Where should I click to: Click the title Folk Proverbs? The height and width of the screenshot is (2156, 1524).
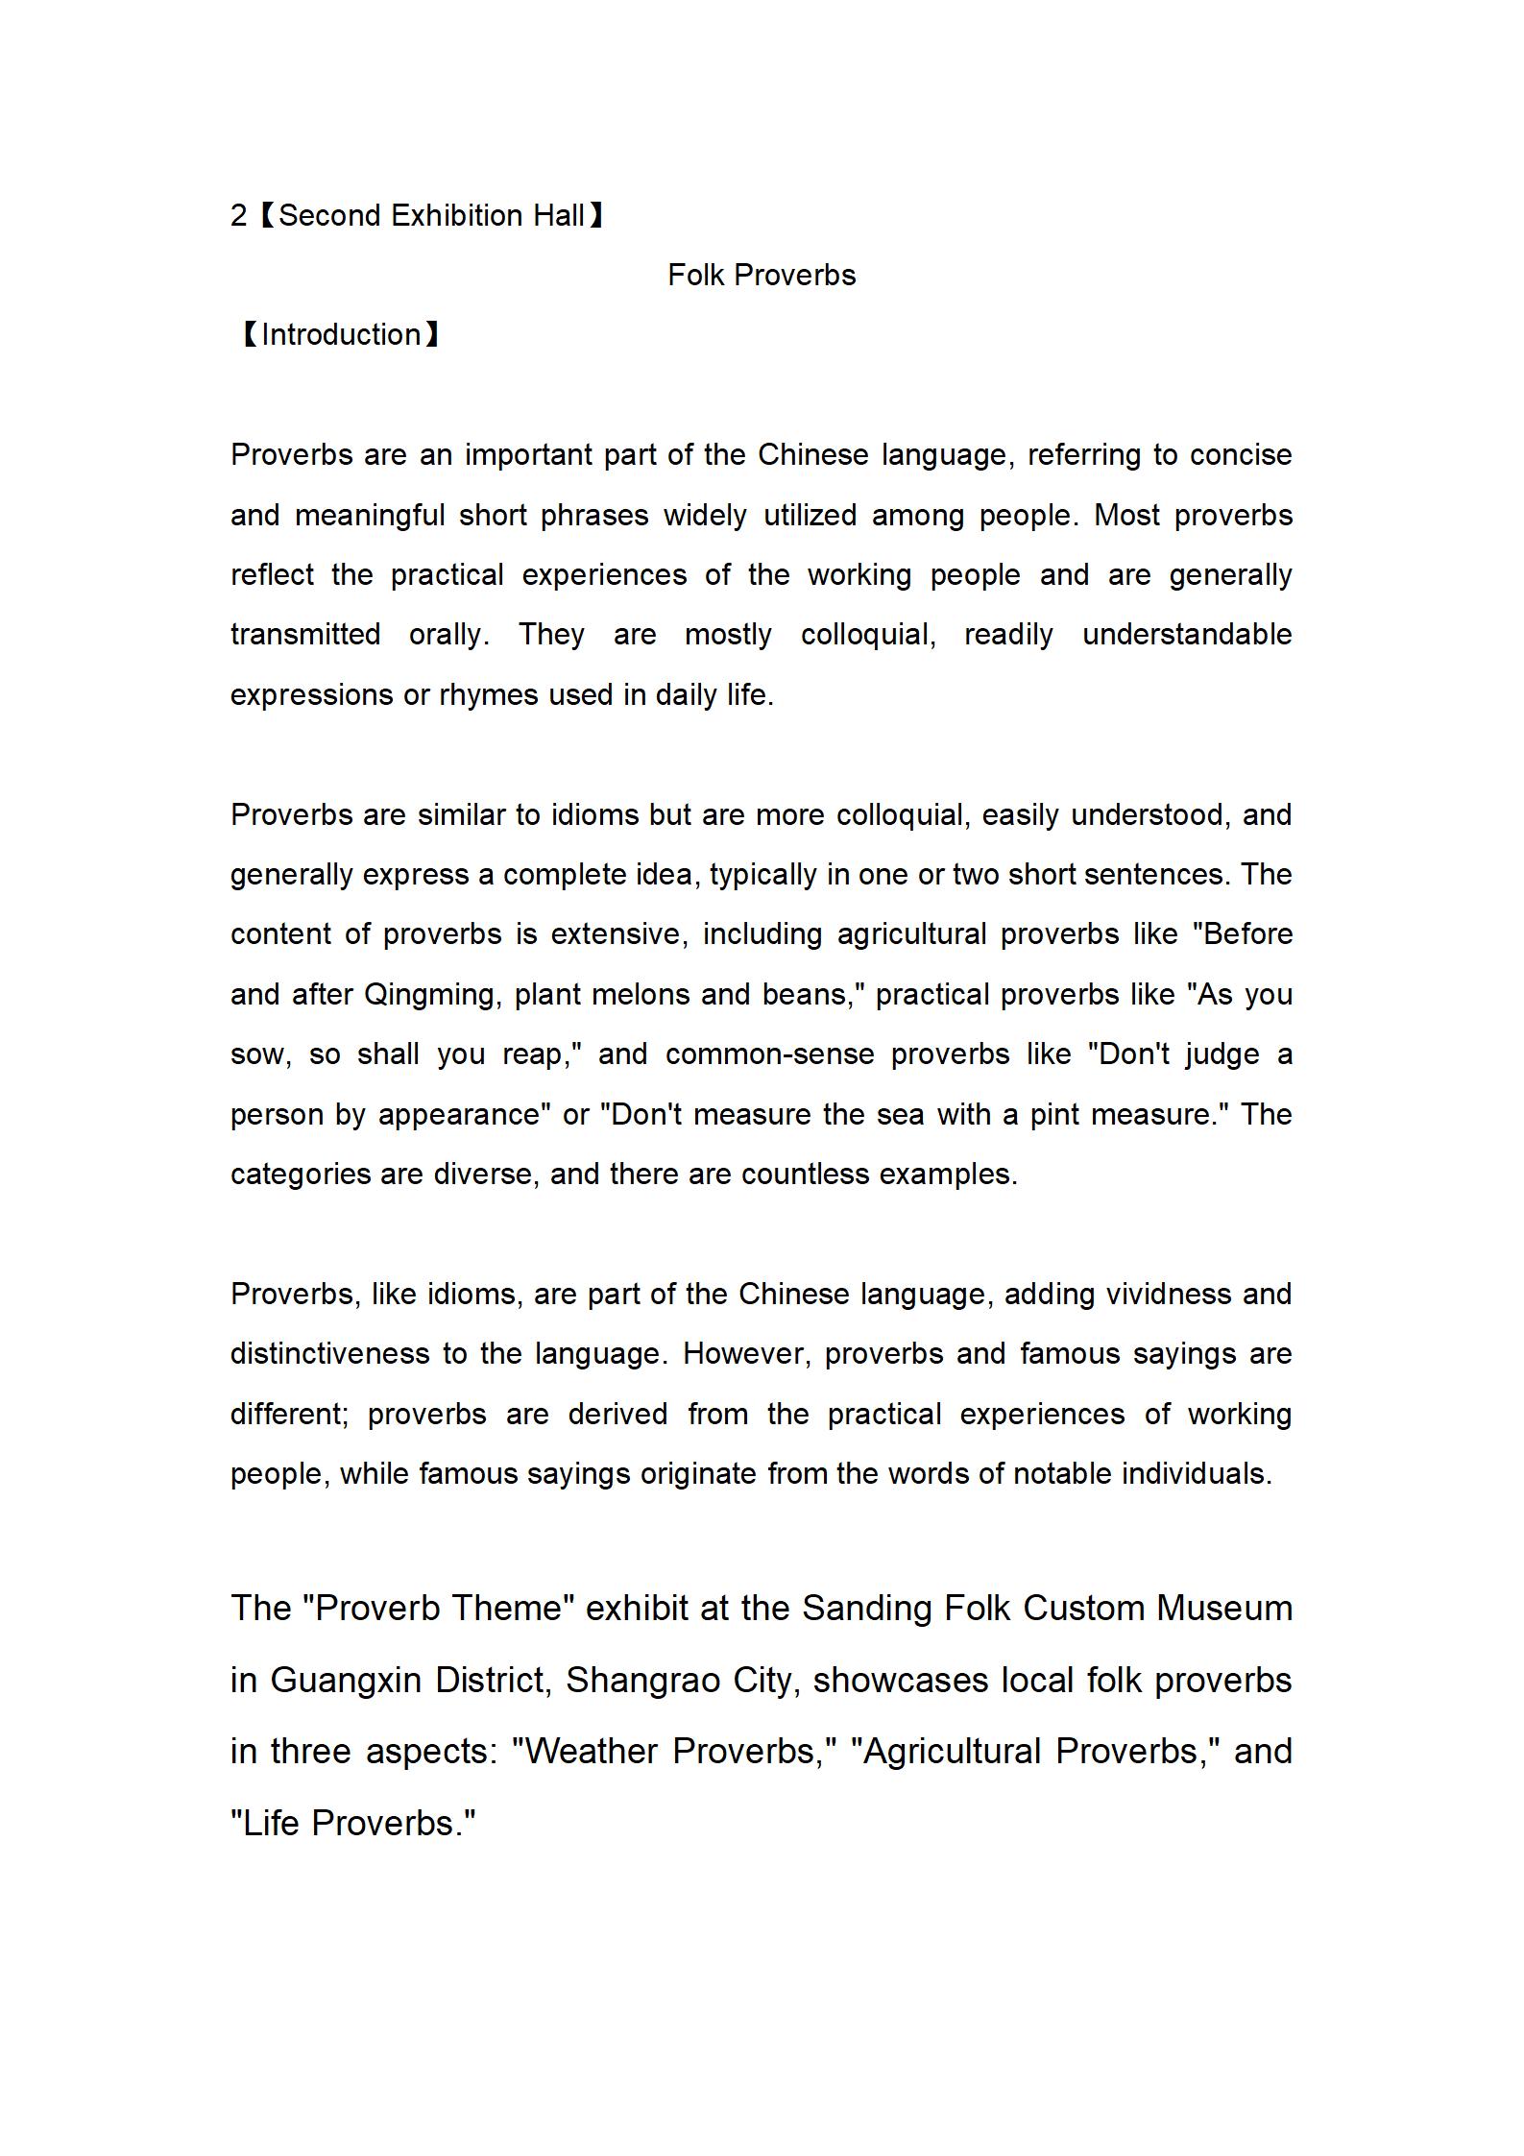coord(762,276)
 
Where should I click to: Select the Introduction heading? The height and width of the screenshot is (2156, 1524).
coord(340,335)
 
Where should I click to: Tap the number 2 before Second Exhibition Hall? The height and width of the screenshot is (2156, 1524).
coord(238,216)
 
